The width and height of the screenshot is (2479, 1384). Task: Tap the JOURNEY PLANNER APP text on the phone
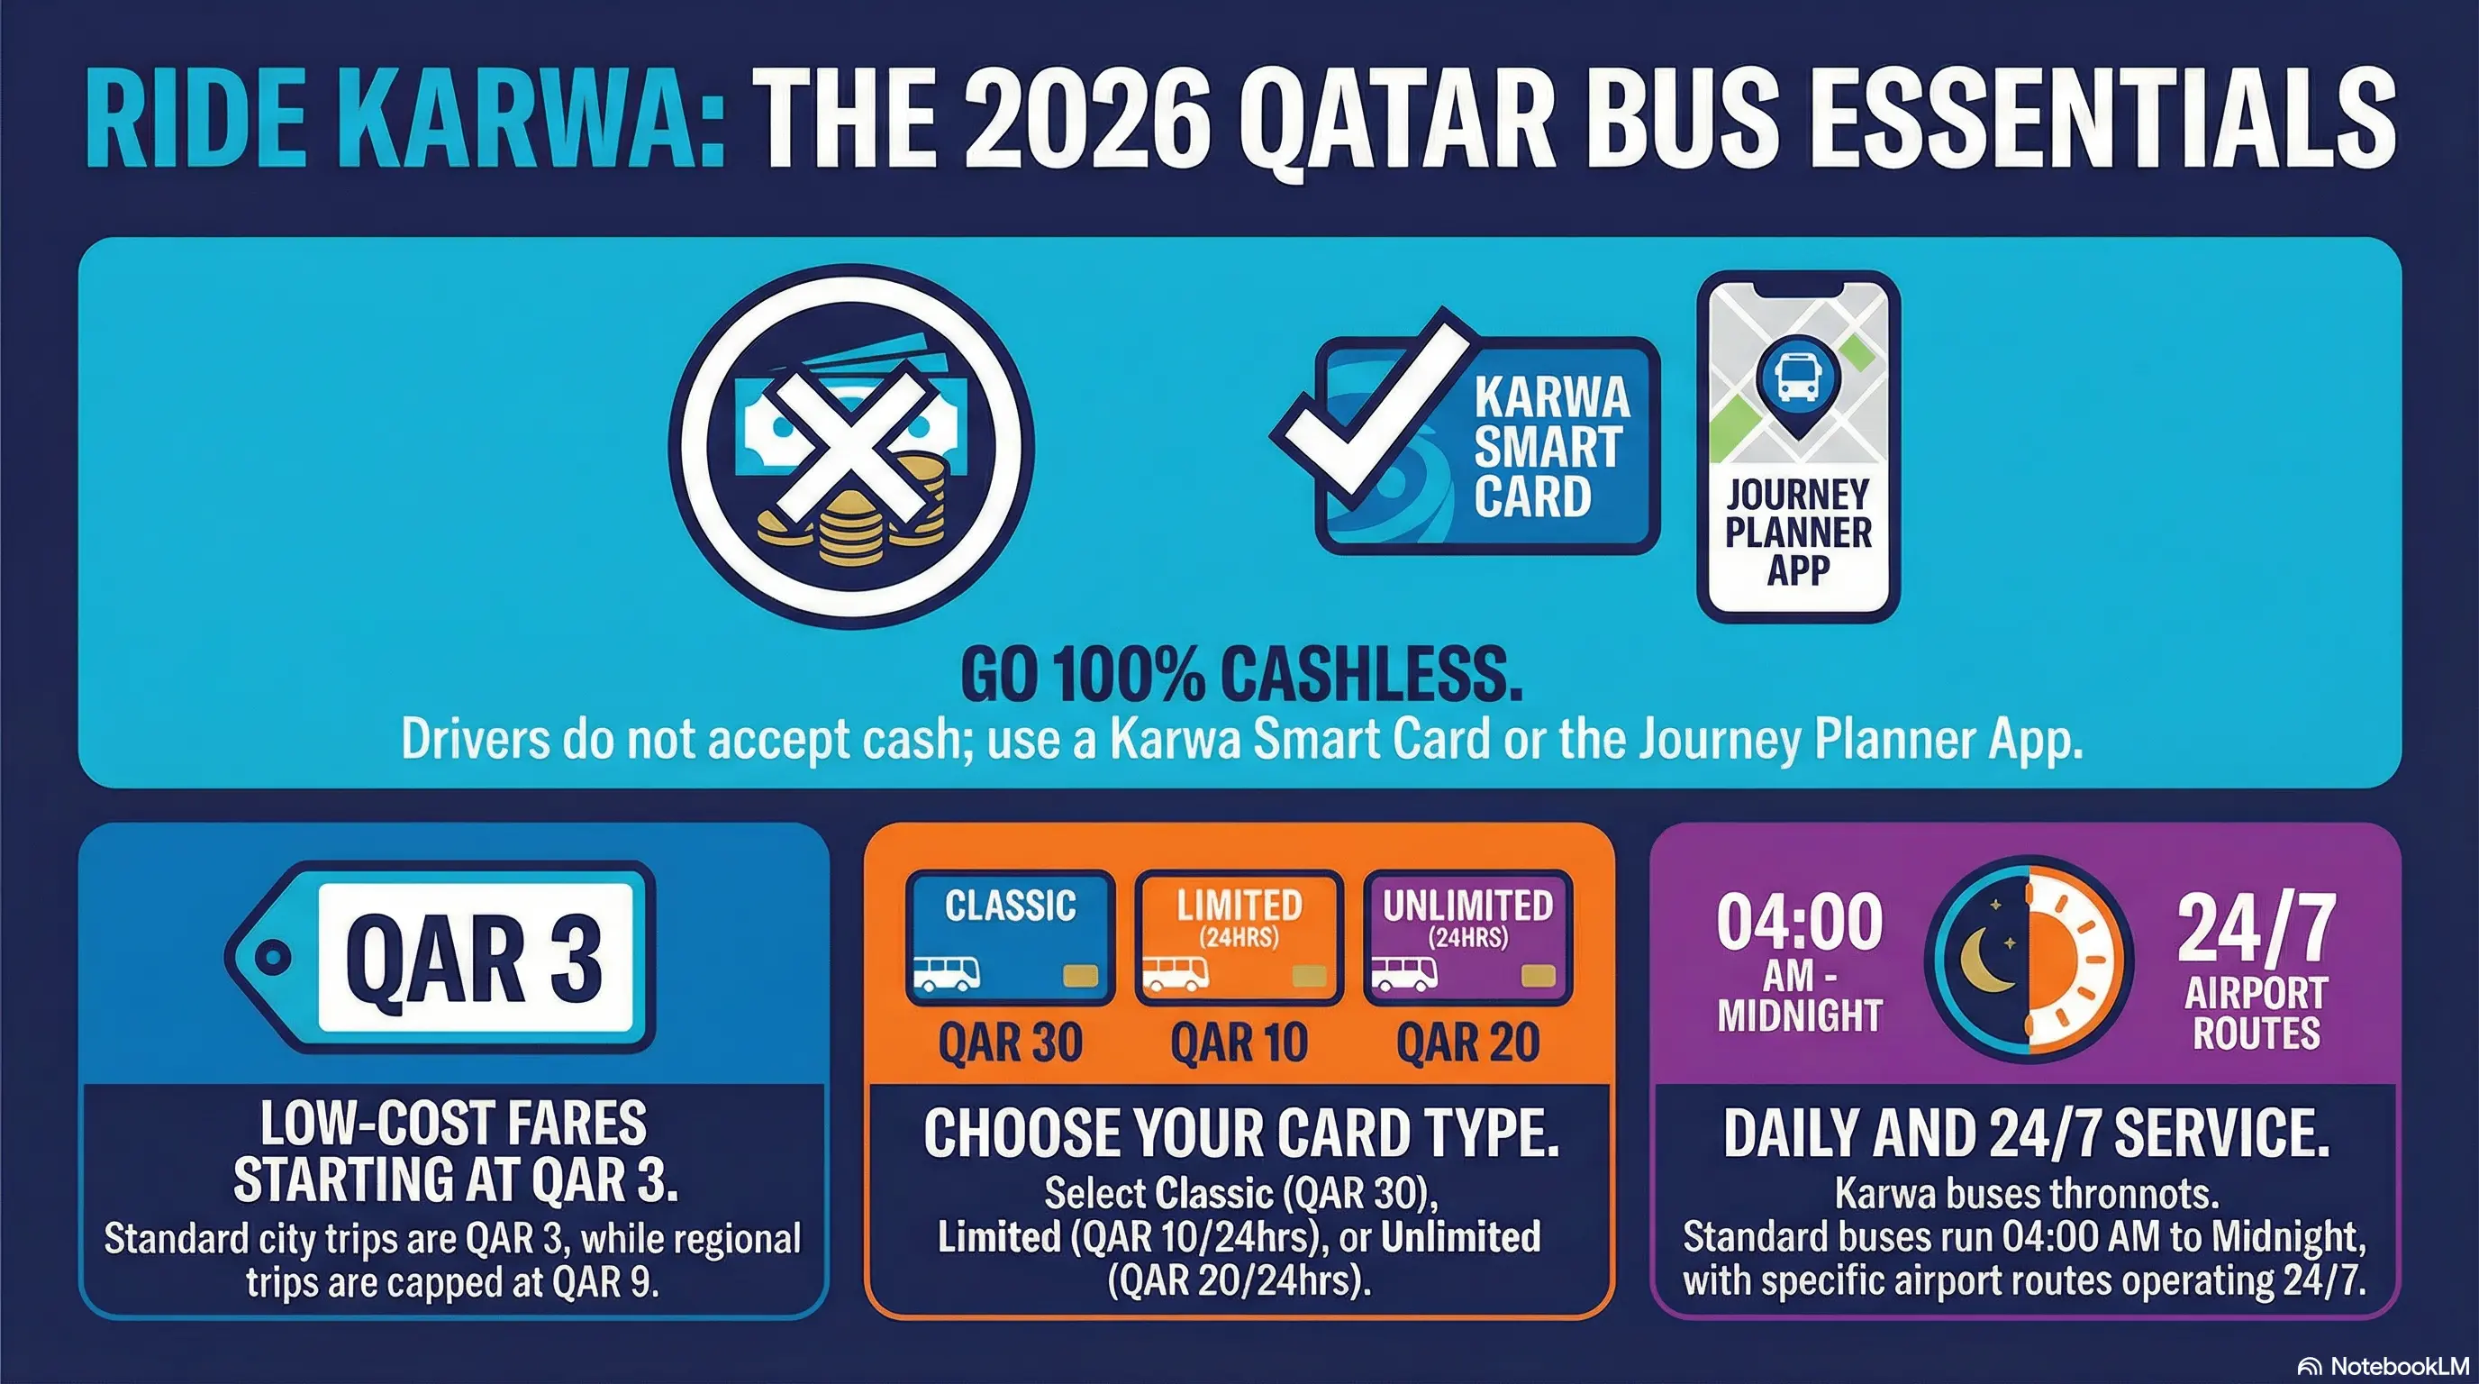(x=1798, y=533)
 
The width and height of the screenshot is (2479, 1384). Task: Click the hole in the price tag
(x=272, y=957)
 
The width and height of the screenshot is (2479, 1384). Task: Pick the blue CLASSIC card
(x=1010, y=936)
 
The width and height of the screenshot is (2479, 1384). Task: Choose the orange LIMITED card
(x=1239, y=936)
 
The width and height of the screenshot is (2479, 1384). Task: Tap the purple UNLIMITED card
(x=1467, y=936)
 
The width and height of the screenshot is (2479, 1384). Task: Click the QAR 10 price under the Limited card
(x=1239, y=1043)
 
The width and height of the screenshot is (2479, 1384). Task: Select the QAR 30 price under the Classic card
(x=1010, y=1043)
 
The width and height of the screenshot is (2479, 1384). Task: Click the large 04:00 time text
(x=1800, y=922)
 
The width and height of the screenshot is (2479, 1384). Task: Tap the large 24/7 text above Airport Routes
(x=2257, y=929)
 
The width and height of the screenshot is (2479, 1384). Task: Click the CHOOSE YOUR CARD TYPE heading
(x=1240, y=1133)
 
